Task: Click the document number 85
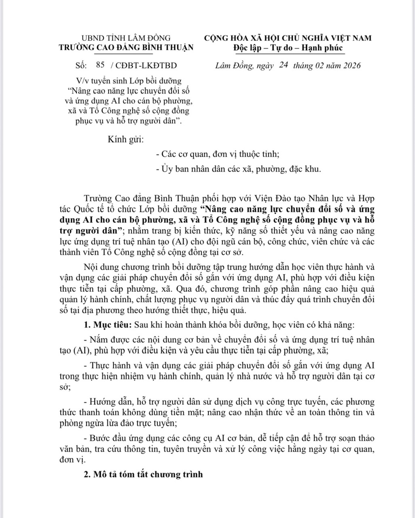point(100,65)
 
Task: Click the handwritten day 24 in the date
point(283,65)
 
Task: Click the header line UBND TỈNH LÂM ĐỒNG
point(126,38)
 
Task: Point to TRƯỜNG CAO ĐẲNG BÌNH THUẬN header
point(126,47)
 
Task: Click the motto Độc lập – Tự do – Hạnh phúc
point(288,48)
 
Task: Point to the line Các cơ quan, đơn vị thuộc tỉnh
point(220,154)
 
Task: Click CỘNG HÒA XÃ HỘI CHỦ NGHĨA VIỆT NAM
point(288,38)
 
